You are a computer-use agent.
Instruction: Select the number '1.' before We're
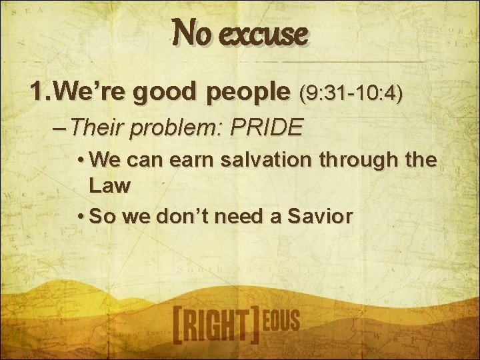click(x=39, y=94)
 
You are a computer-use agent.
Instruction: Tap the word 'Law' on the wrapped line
click(x=108, y=186)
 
